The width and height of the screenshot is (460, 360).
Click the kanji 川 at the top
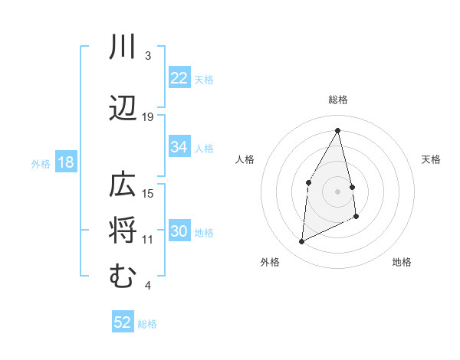[x=123, y=48]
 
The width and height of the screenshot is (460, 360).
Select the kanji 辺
[x=123, y=110]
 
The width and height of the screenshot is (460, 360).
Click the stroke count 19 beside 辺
[x=148, y=117]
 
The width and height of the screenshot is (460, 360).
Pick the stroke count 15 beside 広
[x=148, y=194]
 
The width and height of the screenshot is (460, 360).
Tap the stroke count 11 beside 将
[x=148, y=240]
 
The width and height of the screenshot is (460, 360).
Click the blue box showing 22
[x=179, y=78]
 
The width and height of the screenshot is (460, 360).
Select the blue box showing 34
[x=179, y=147]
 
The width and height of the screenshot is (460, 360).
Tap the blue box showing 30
[x=179, y=231]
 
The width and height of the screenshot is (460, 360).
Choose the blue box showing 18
[x=65, y=162]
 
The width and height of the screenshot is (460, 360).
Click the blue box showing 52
[x=123, y=322]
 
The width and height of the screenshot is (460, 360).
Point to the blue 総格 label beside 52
[x=147, y=324]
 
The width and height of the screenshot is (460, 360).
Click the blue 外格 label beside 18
[x=41, y=163]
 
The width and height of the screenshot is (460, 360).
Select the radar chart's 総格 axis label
[x=337, y=100]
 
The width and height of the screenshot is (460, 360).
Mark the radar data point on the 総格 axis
[x=337, y=130]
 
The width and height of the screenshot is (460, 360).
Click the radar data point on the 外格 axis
[x=301, y=242]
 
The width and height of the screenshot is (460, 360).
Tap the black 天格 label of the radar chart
[x=432, y=159]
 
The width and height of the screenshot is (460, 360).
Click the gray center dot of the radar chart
[x=337, y=191]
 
